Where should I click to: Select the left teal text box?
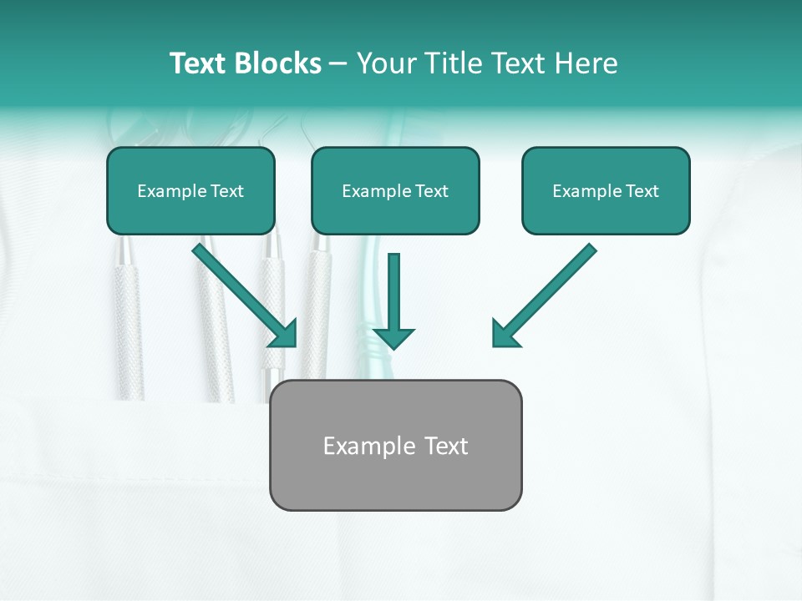tap(190, 191)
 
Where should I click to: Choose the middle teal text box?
tap(395, 191)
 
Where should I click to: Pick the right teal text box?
tap(606, 191)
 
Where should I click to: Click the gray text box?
tap(395, 445)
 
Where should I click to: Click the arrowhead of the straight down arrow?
tap(393, 337)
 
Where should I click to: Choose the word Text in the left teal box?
tap(226, 191)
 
